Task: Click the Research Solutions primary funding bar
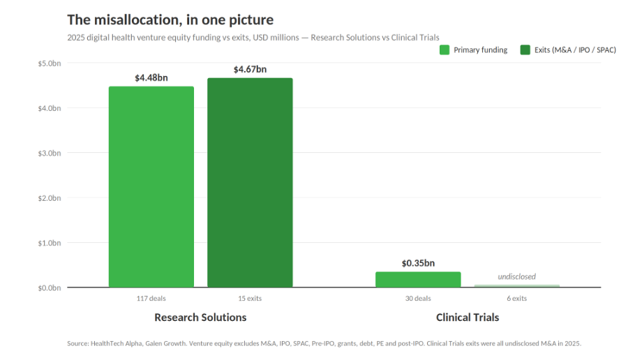click(x=151, y=186)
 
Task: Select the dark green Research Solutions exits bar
click(x=250, y=183)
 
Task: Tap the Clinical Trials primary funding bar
click(x=418, y=280)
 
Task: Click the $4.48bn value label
click(x=151, y=77)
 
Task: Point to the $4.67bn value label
click(x=250, y=69)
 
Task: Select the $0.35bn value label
click(x=418, y=263)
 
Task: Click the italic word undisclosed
click(x=516, y=276)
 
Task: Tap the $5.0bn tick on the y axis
click(x=50, y=63)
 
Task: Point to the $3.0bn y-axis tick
click(x=50, y=153)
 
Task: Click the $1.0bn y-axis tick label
click(x=50, y=243)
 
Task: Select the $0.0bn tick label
click(x=50, y=288)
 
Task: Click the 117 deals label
click(x=151, y=299)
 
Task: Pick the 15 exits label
click(x=250, y=299)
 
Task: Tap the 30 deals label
click(x=418, y=299)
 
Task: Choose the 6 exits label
click(x=516, y=299)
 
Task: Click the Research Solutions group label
click(x=200, y=317)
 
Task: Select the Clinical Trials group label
click(x=468, y=317)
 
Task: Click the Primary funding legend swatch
click(x=444, y=50)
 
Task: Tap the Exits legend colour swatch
click(x=525, y=50)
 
